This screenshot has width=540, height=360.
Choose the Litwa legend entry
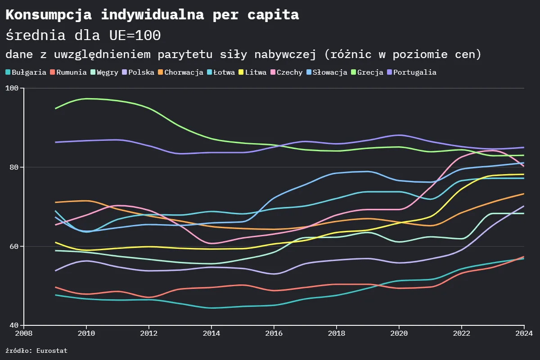tap(256, 72)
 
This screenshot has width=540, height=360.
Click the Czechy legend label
tap(289, 72)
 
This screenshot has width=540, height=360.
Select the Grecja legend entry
tap(370, 72)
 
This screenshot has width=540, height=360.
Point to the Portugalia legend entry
tap(414, 72)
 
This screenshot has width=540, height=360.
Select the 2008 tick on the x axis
tap(23, 333)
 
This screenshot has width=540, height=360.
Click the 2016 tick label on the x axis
tap(274, 333)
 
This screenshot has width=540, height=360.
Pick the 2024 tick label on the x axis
tap(523, 333)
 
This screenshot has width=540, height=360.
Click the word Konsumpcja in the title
tap(49, 15)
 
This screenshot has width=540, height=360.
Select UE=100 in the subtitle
tap(135, 35)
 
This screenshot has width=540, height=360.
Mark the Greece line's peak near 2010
tap(86, 99)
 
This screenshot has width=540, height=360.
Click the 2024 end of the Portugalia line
tap(524, 147)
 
